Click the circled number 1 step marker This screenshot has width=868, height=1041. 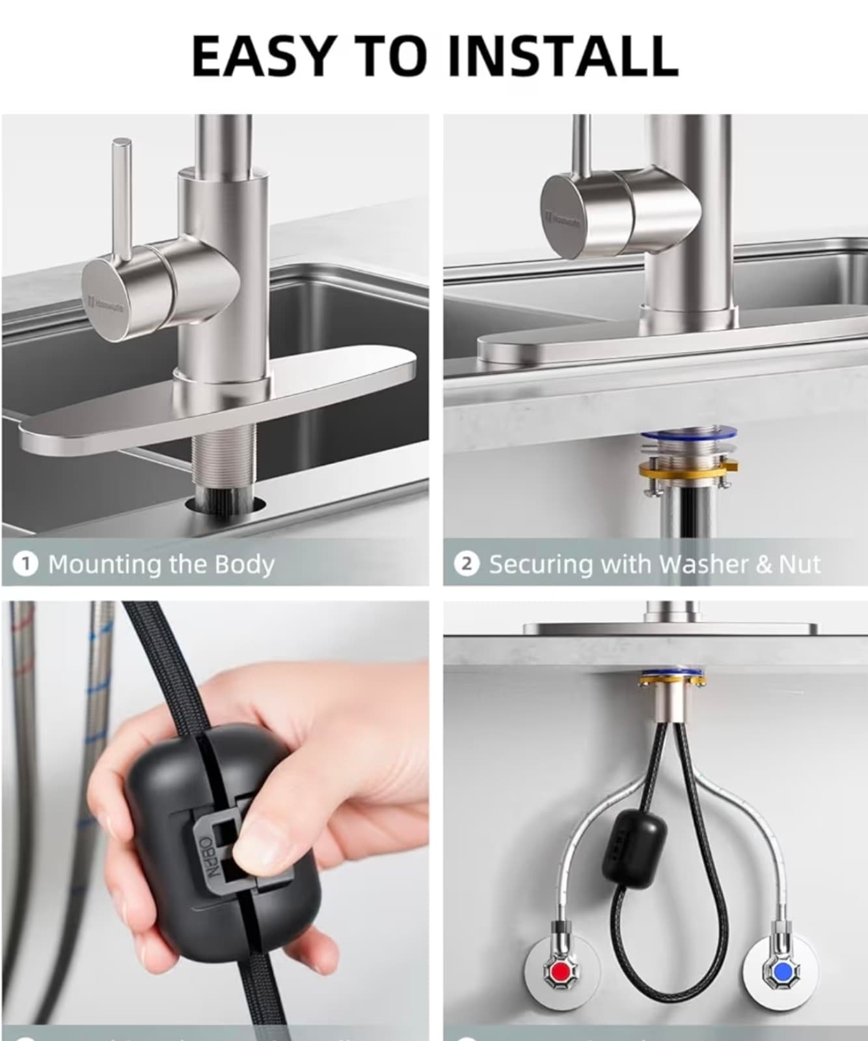click(x=26, y=563)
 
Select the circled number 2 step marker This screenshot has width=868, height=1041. click(x=467, y=563)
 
